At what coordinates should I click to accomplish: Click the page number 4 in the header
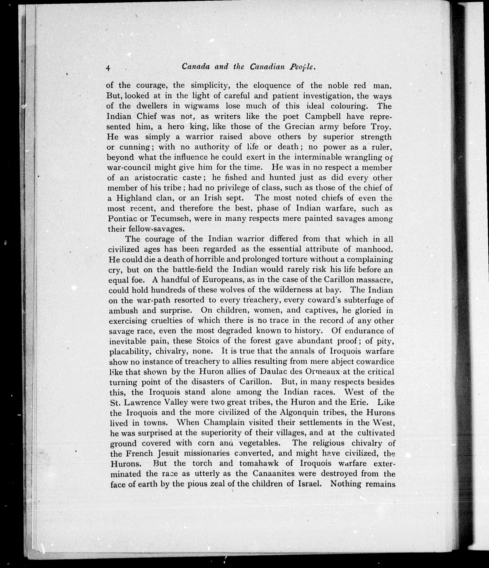[x=108, y=68]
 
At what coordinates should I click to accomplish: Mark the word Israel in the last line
[x=309, y=484]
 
